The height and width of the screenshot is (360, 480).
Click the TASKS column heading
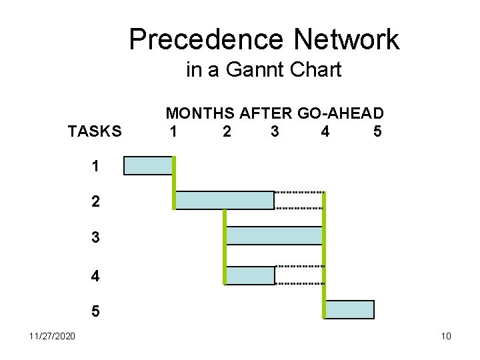coord(95,131)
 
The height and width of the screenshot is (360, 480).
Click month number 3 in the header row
coord(275,131)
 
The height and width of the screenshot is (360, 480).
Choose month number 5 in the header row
coord(378,131)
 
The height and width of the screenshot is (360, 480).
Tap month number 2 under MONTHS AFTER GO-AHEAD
coord(227,131)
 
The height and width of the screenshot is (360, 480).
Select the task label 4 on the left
coord(95,276)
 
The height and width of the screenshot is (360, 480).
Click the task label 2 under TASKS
coord(95,201)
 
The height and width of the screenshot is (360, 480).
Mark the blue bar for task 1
coord(148,165)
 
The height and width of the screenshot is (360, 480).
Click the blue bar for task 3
coord(275,235)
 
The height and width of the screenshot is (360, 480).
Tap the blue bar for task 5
coord(350,310)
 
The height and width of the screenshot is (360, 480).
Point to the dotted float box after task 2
coord(299,200)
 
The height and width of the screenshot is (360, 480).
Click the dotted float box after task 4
coord(299,275)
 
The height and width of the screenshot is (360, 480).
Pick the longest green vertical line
coord(324,255)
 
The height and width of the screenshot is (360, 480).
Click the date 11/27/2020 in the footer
coord(52,335)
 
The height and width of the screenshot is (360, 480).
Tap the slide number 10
coord(446,335)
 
